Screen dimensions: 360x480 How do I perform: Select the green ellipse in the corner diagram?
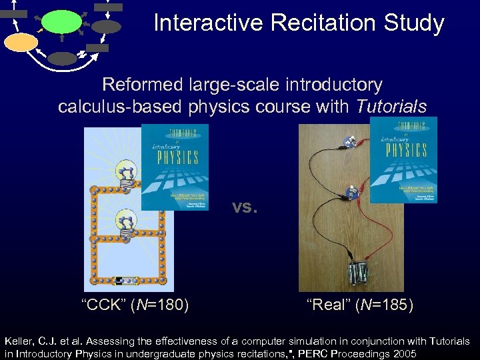click(x=61, y=21)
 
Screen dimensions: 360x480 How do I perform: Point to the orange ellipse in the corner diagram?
click(x=21, y=43)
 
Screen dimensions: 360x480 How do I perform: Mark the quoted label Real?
click(x=327, y=305)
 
